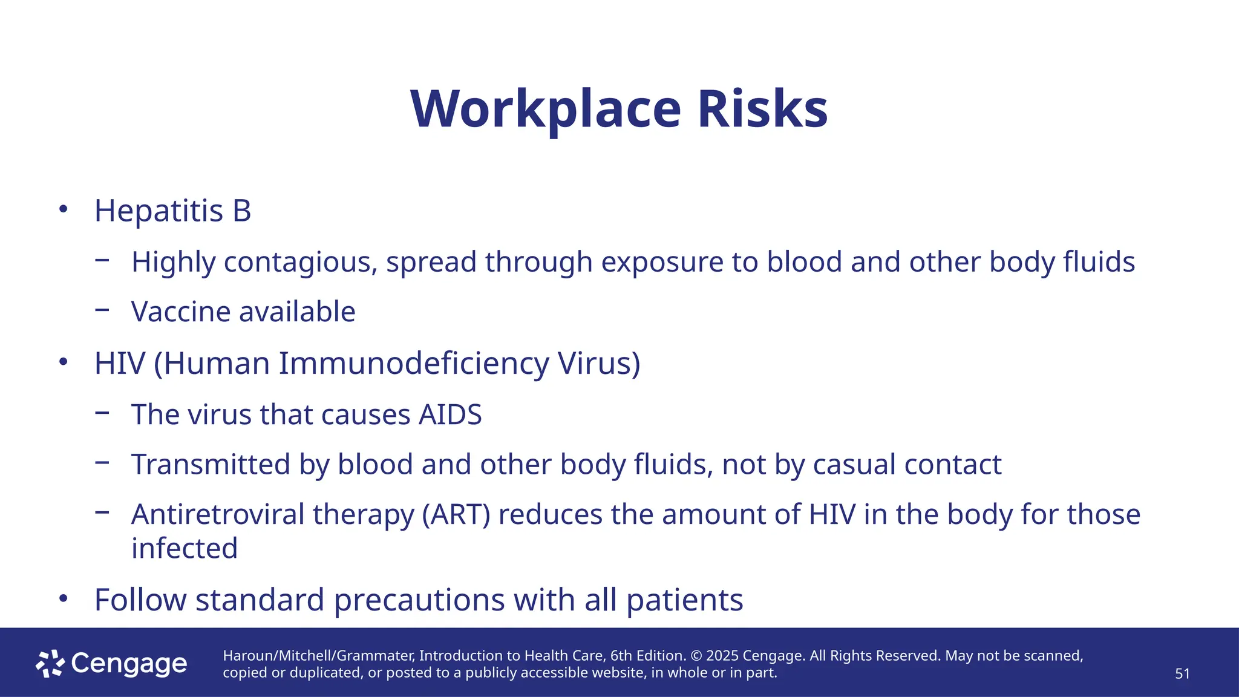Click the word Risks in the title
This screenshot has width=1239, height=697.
pyautogui.click(x=762, y=110)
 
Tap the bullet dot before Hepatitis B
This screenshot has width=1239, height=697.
pyautogui.click(x=63, y=209)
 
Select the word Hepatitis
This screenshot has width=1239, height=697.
pyautogui.click(x=159, y=211)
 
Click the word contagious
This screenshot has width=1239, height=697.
pyautogui.click(x=301, y=263)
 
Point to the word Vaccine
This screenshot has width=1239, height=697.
pyautogui.click(x=181, y=312)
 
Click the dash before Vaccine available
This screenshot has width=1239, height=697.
pyautogui.click(x=102, y=310)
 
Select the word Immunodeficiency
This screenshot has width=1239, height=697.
pyautogui.click(x=414, y=364)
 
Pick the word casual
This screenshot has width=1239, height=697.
pyautogui.click(x=854, y=465)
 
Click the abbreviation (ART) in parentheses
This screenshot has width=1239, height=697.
pyautogui.click(x=456, y=515)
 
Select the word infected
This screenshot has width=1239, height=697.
pyautogui.click(x=185, y=549)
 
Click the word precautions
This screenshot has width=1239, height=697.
pyautogui.click(x=419, y=600)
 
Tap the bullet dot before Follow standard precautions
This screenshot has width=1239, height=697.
pyautogui.click(x=63, y=599)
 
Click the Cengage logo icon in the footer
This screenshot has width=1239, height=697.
pyautogui.click(x=50, y=664)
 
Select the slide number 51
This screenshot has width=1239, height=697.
pyautogui.click(x=1182, y=674)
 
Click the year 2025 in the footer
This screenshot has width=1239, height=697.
pyautogui.click(x=722, y=656)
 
